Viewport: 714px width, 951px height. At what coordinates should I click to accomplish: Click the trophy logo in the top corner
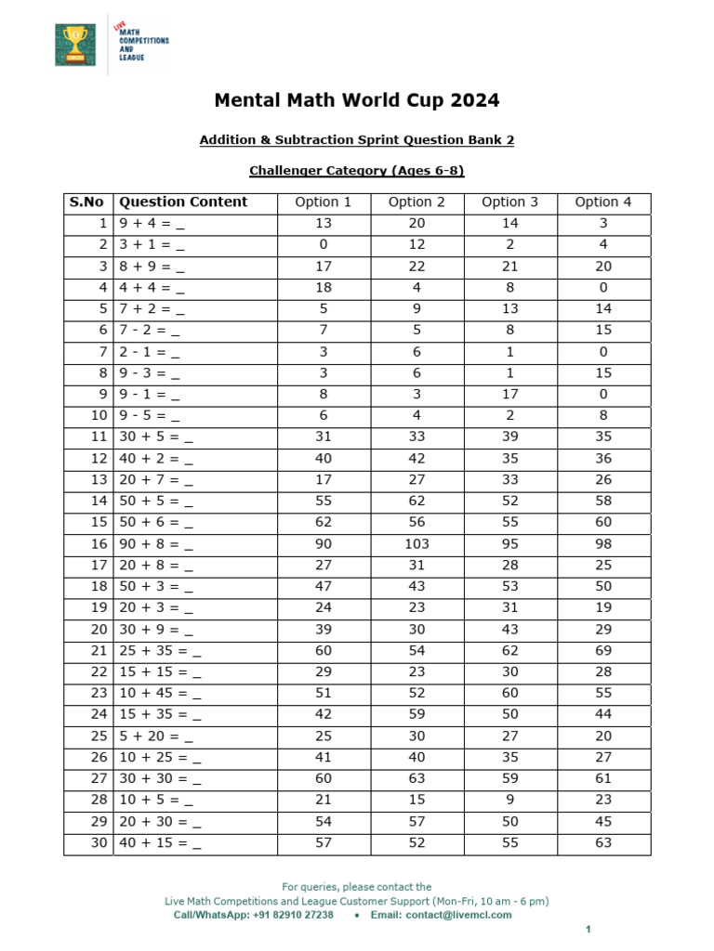click(x=74, y=45)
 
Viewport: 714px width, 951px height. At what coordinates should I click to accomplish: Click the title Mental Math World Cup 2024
click(x=357, y=100)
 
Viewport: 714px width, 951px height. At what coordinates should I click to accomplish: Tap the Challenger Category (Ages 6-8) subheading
click(x=357, y=171)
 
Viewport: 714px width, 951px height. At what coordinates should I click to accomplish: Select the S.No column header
click(x=87, y=202)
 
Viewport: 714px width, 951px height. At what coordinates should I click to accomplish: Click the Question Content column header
click(x=184, y=202)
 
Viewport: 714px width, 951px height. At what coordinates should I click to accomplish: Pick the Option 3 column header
click(x=510, y=202)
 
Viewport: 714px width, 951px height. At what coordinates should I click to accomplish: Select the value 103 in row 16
click(x=416, y=544)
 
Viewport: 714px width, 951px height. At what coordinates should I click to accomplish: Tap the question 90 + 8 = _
click(x=156, y=544)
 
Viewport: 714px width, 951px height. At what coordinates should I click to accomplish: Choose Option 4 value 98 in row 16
click(x=603, y=544)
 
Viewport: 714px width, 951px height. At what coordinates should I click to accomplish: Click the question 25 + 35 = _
click(x=160, y=651)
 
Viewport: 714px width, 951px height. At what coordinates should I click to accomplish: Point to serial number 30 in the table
click(x=98, y=843)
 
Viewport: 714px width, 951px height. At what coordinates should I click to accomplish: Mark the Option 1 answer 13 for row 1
click(x=324, y=224)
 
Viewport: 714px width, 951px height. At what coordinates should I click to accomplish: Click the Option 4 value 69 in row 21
click(x=603, y=651)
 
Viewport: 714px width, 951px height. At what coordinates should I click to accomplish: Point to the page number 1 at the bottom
click(x=588, y=930)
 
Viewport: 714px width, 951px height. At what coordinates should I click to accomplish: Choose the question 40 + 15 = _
click(x=160, y=843)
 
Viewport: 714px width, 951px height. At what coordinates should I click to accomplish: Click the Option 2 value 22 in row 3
click(x=416, y=267)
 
